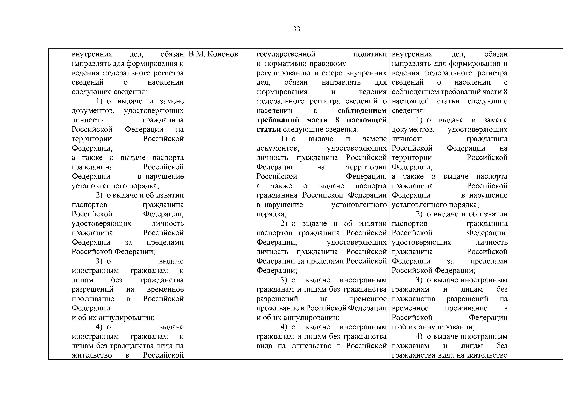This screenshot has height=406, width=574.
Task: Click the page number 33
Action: click(296, 29)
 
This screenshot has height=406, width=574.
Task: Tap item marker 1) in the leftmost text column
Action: click(99, 101)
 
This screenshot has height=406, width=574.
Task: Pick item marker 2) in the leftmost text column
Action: click(99, 195)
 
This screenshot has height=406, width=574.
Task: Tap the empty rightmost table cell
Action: click(536, 200)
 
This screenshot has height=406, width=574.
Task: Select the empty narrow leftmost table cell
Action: click(59, 200)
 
